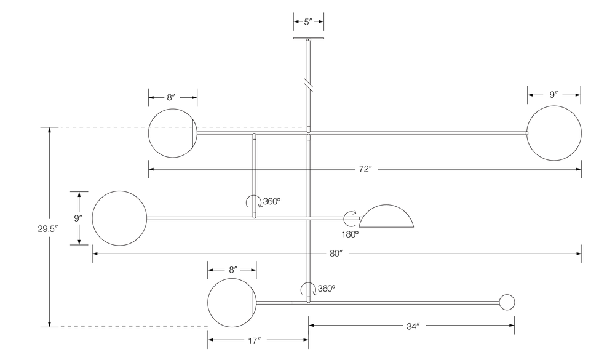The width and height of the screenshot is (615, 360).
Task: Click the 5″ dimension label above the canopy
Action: click(x=309, y=21)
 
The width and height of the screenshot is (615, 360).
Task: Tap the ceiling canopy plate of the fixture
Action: click(x=309, y=39)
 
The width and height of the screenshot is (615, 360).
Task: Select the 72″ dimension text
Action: click(x=365, y=169)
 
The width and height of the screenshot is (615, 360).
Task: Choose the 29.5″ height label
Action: click(x=48, y=228)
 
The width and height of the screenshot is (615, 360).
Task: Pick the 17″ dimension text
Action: click(x=258, y=339)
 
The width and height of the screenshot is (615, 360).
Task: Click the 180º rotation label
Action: click(x=350, y=234)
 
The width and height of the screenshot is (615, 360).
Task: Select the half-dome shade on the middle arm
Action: click(x=387, y=217)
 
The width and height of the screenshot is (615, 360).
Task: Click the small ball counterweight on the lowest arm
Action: click(x=506, y=302)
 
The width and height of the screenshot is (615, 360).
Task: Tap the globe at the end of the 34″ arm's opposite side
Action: click(x=232, y=302)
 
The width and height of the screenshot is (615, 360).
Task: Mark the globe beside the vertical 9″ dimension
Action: click(x=119, y=217)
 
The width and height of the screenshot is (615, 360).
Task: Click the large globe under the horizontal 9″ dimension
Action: click(x=553, y=133)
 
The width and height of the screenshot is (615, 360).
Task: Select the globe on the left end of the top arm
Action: click(x=172, y=133)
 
